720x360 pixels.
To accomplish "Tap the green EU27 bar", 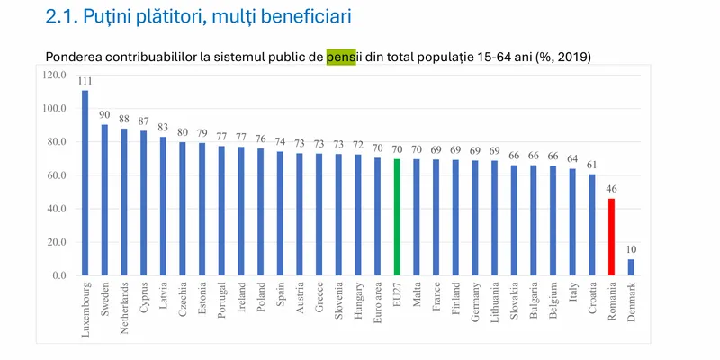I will [x=397, y=217].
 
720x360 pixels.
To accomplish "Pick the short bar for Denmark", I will [x=631, y=267].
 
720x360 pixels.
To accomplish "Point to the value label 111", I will [x=85, y=81].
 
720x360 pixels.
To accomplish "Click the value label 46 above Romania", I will [x=611, y=190].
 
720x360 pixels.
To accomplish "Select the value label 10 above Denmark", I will [x=631, y=250].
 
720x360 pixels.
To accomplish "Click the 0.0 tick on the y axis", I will [x=59, y=275].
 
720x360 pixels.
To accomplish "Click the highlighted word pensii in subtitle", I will [x=341, y=58].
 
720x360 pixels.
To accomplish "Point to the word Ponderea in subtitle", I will [x=75, y=58].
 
